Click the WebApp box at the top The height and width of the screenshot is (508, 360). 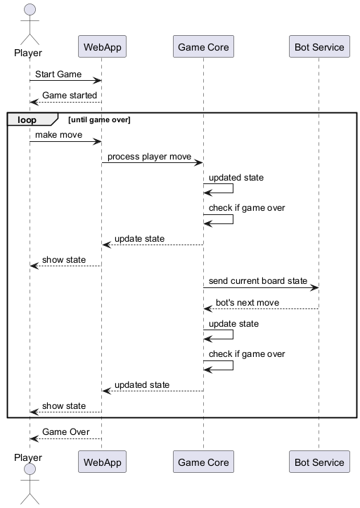[101, 47]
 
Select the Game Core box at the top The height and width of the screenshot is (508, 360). [202, 47]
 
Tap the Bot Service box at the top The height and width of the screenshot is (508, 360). [319, 47]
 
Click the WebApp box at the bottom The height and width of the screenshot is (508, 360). [101, 462]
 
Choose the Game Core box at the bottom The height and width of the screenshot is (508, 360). [202, 462]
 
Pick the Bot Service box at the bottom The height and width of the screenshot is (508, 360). [319, 462]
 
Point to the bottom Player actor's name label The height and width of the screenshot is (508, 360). [28, 457]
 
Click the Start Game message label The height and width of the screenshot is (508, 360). [58, 74]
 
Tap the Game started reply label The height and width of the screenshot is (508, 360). [70, 95]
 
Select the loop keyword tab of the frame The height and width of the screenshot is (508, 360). [27, 119]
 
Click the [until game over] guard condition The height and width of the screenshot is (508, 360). [99, 120]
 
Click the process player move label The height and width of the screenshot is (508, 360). [149, 156]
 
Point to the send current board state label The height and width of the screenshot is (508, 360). [258, 280]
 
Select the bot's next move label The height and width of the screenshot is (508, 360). [247, 302]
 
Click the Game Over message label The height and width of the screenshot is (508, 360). [65, 431]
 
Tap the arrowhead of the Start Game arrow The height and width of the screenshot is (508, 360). [98, 81]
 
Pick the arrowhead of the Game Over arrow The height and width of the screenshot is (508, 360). [33, 438]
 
